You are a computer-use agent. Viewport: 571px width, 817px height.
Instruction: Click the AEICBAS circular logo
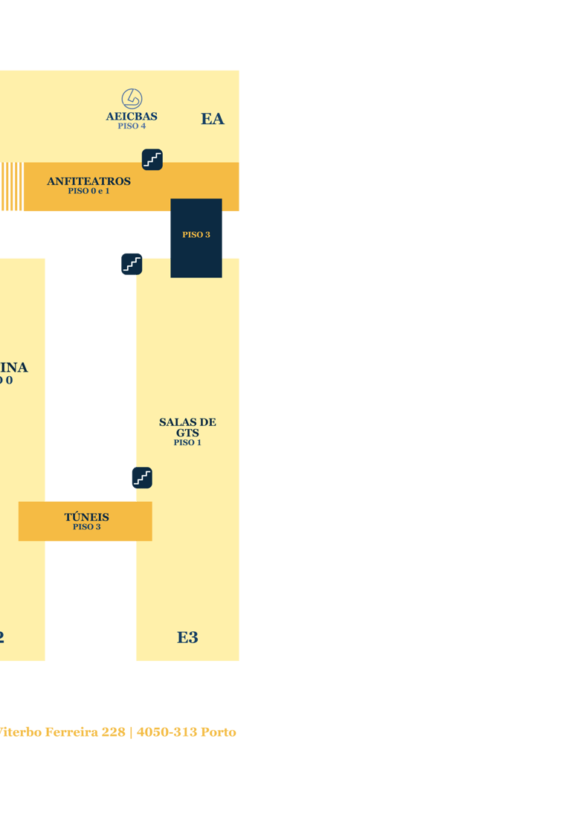[x=132, y=98]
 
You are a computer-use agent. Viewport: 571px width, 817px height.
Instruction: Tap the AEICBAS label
[x=132, y=116]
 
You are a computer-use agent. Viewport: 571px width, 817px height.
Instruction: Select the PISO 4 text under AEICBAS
[x=132, y=126]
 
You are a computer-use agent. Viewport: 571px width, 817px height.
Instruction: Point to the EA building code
[x=212, y=119]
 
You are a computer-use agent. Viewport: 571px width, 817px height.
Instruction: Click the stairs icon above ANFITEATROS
[x=152, y=159]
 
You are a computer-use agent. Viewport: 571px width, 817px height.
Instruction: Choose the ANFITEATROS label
[x=88, y=181]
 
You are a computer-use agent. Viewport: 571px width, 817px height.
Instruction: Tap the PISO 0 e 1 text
[x=88, y=191]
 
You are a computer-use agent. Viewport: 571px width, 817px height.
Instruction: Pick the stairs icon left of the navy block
[x=132, y=264]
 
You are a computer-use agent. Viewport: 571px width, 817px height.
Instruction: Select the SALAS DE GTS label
[x=187, y=427]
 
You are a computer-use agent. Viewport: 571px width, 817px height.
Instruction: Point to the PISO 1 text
[x=187, y=442]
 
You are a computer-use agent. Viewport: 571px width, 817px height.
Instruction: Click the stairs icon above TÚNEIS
[x=142, y=478]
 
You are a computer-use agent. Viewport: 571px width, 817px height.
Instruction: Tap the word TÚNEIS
[x=86, y=517]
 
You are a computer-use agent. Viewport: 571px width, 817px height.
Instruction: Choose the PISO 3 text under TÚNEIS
[x=86, y=527]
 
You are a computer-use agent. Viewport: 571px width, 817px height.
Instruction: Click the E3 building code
[x=187, y=637]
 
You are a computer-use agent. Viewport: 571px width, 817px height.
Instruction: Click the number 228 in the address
[x=114, y=732]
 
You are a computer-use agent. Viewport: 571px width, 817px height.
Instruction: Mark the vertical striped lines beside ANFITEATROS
[x=11, y=187]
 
